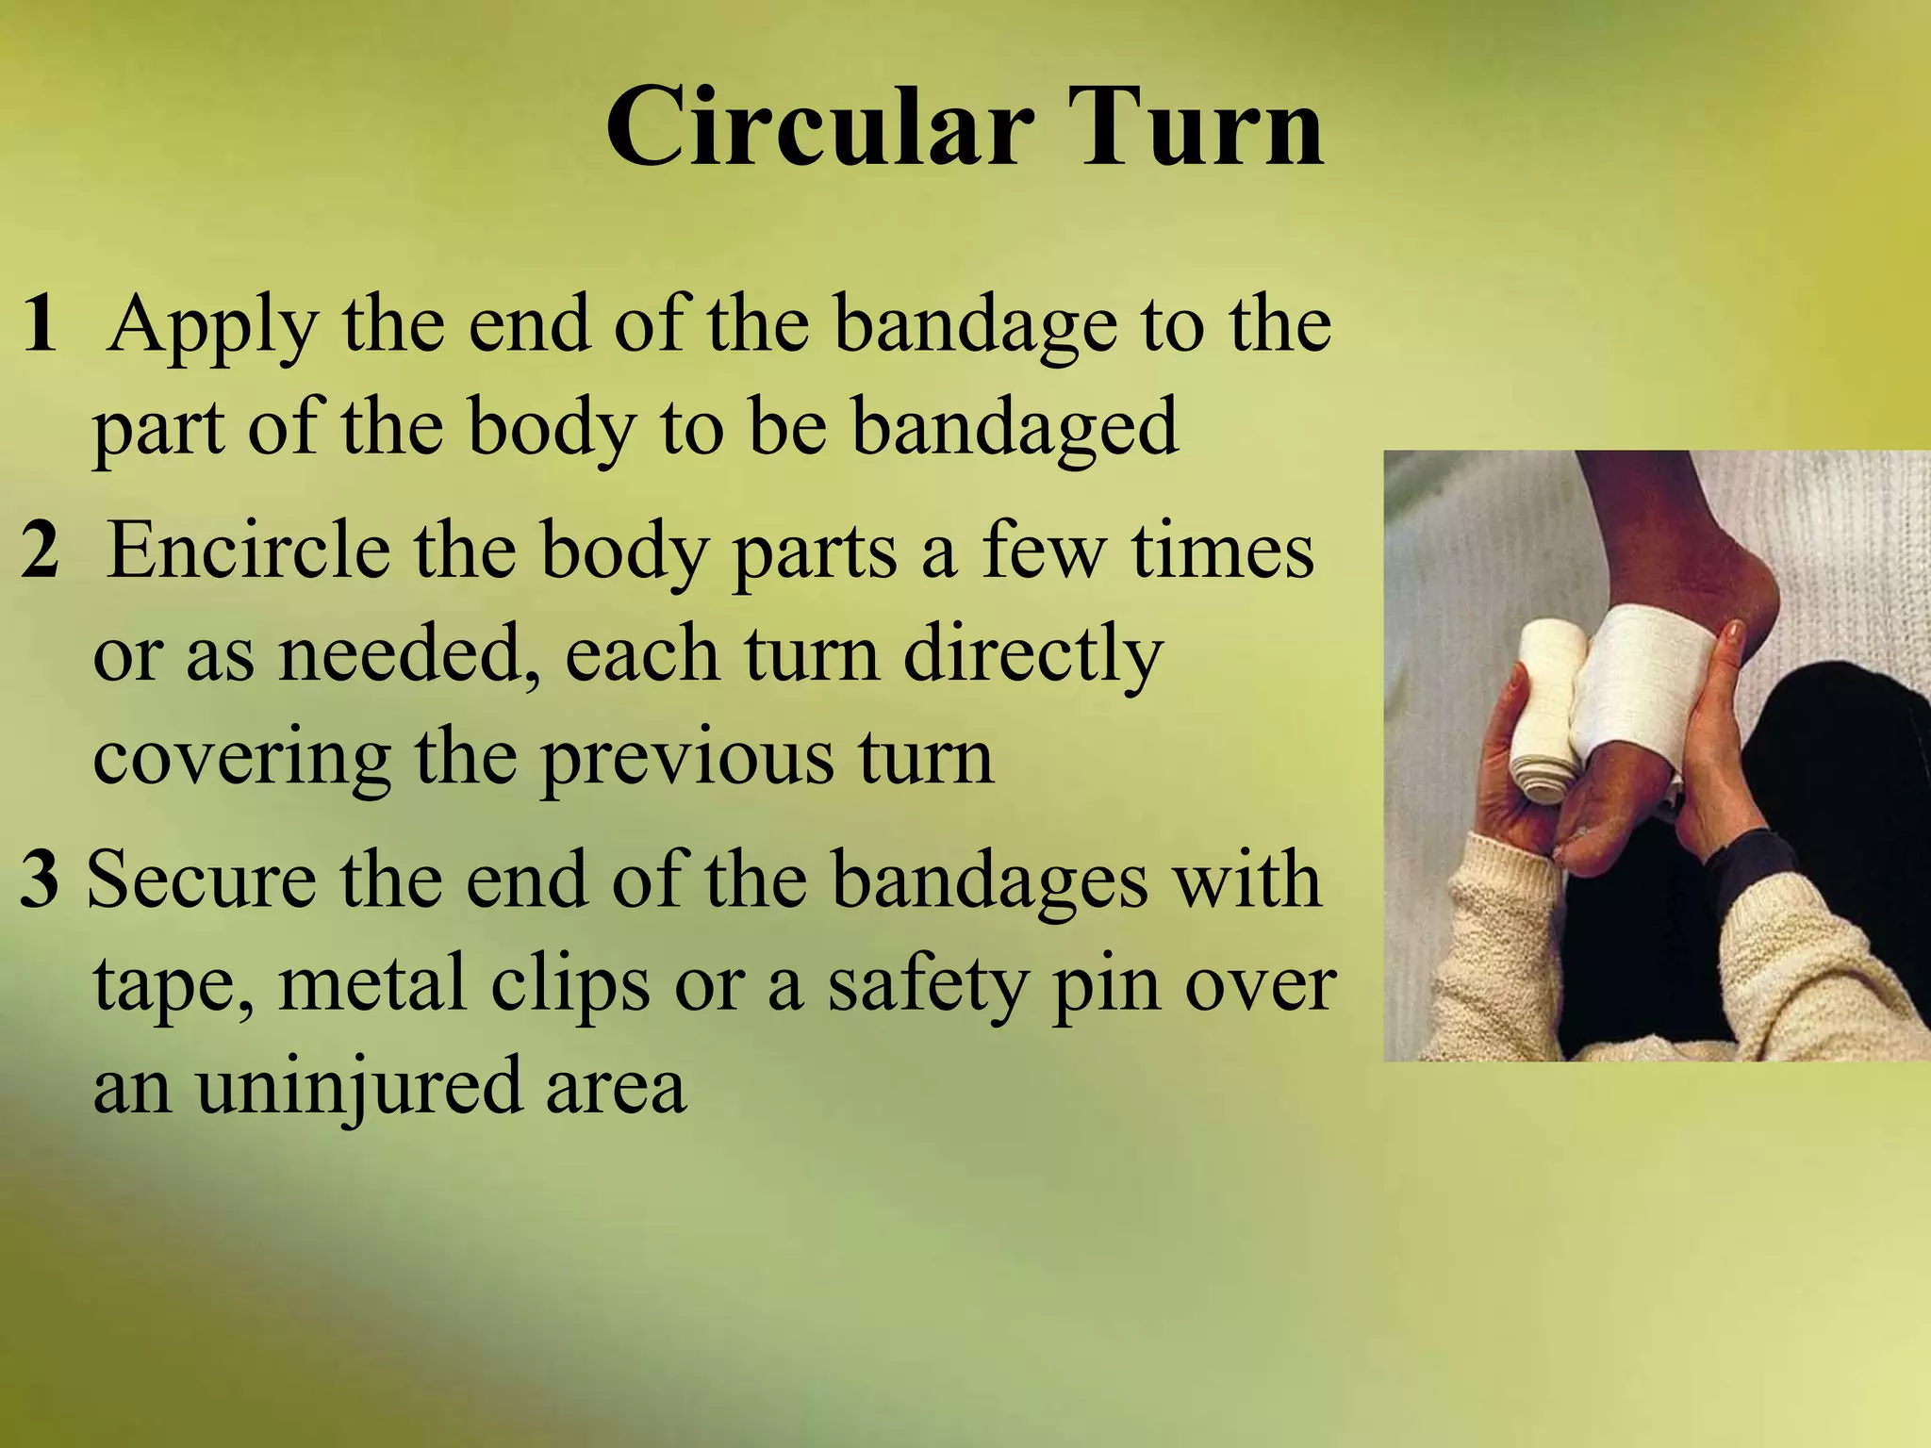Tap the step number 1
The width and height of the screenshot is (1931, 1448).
pyautogui.click(x=40, y=323)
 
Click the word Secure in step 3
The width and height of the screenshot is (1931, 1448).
pyautogui.click(x=202, y=879)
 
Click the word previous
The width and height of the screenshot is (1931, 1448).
pyautogui.click(x=687, y=760)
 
